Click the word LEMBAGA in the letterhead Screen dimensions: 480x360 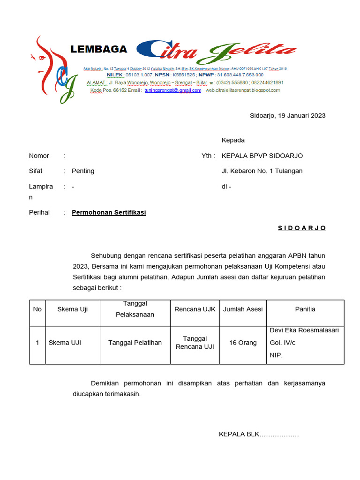[x=98, y=49]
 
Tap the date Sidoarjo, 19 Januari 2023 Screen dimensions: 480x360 [x=287, y=115]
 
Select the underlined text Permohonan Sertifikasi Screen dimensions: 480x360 [x=109, y=212]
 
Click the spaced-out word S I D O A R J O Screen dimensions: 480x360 [x=301, y=228]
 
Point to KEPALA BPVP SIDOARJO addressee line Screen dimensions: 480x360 [x=262, y=156]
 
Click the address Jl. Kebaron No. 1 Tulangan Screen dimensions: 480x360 [x=262, y=171]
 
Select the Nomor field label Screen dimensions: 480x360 [x=39, y=156]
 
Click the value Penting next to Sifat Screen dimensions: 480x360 [x=83, y=171]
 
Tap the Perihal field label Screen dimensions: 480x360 [x=39, y=212]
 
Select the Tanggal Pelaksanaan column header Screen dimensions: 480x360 [x=135, y=309]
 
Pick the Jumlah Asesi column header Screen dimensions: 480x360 [x=243, y=309]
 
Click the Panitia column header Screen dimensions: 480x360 [x=305, y=309]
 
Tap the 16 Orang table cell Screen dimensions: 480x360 [x=243, y=343]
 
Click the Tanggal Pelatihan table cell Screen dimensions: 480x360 [x=135, y=343]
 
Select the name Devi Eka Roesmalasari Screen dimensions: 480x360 [x=304, y=330]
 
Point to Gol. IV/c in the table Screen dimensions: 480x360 [x=283, y=343]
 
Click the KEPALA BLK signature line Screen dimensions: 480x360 [x=259, y=434]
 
